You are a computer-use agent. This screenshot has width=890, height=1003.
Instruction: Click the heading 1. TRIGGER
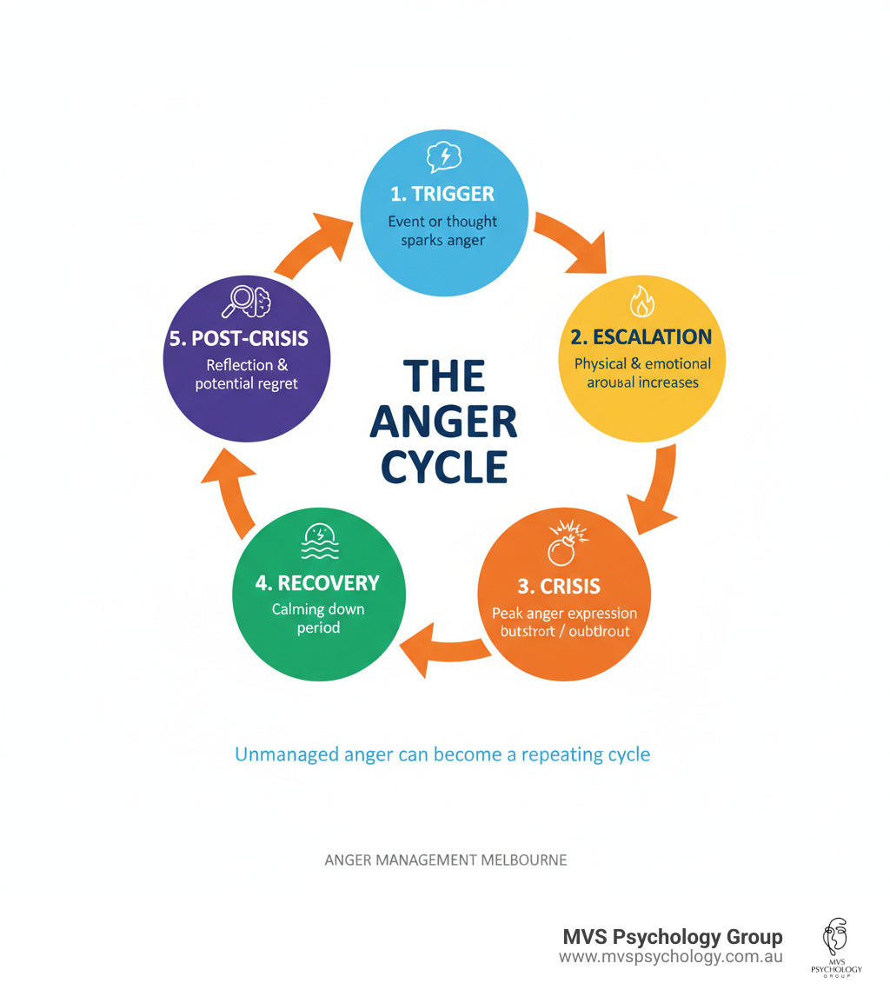pos(443,193)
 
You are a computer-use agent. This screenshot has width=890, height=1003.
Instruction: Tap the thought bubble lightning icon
pos(443,157)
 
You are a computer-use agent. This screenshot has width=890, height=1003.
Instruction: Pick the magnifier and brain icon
pos(247,301)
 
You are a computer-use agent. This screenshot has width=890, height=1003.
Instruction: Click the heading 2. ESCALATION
pos(641,336)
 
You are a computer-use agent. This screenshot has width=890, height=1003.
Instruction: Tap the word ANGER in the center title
pos(443,422)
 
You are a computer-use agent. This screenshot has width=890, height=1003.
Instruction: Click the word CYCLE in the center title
pos(443,467)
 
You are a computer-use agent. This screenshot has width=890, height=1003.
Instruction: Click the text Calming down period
pos(317,618)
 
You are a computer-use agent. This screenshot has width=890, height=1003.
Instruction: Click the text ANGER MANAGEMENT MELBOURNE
pos(445,860)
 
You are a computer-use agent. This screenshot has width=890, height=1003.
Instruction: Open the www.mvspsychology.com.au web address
pos(670,957)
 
